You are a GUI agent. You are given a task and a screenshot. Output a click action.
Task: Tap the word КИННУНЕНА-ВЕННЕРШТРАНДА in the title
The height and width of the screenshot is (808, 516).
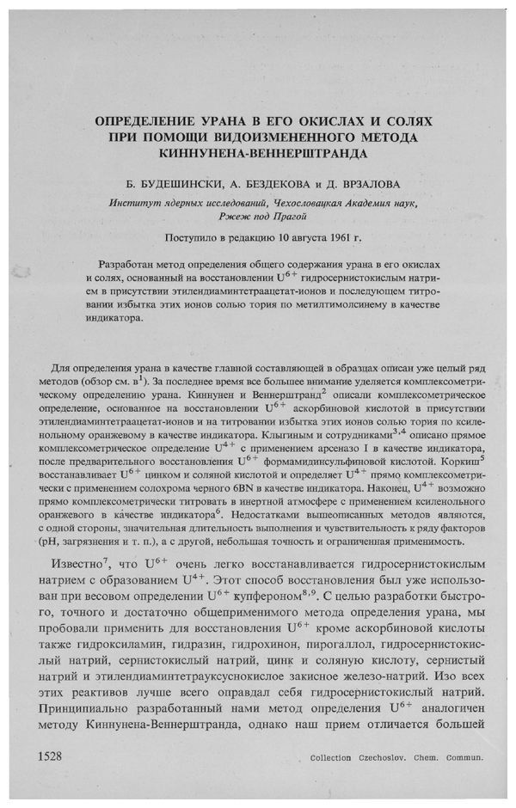point(257,156)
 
